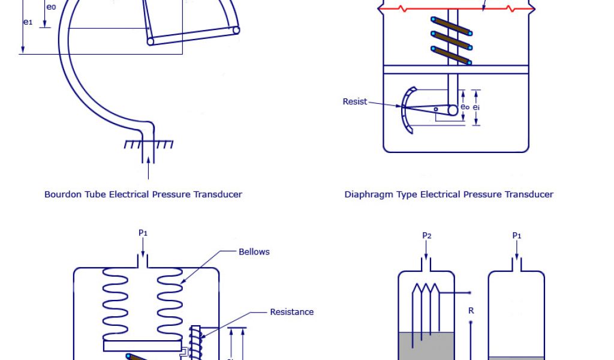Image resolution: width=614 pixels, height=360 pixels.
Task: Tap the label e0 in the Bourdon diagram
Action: tap(51, 8)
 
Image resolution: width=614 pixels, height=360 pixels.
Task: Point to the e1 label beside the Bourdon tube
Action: tap(28, 22)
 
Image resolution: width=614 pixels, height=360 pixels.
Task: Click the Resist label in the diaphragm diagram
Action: tap(354, 101)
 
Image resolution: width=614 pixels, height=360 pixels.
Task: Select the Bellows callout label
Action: tap(254, 251)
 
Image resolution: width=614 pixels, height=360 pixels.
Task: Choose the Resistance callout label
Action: tap(291, 312)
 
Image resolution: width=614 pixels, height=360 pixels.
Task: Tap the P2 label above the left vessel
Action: tap(426, 236)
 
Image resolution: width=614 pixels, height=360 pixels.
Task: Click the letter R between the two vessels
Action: tap(471, 311)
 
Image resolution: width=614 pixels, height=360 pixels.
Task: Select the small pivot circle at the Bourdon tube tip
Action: tap(236, 30)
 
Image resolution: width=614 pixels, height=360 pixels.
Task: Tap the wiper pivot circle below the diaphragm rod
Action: tap(453, 110)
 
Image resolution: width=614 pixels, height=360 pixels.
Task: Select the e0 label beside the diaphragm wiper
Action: tap(465, 107)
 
